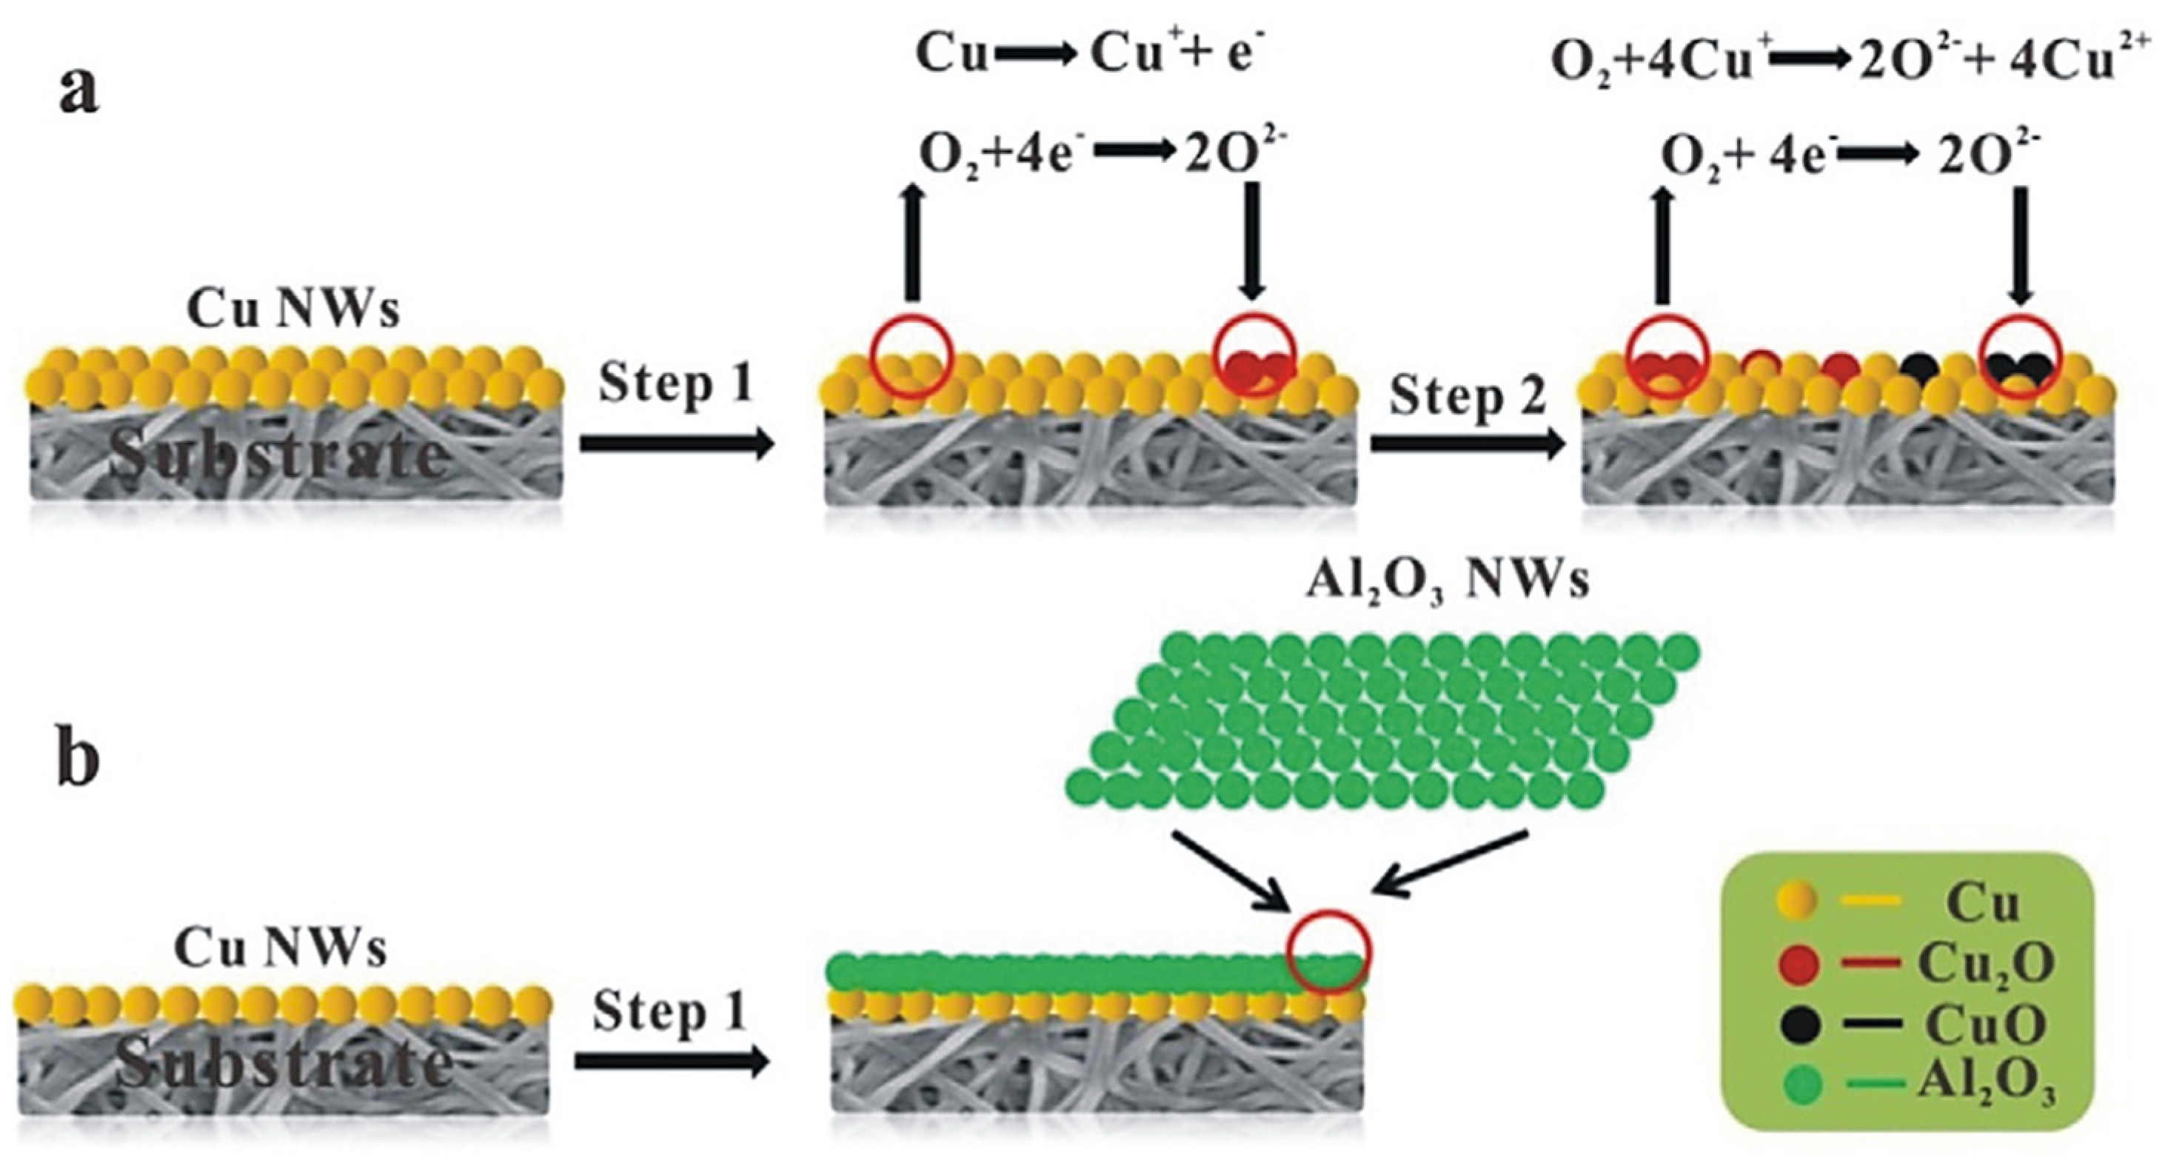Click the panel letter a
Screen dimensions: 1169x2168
point(79,93)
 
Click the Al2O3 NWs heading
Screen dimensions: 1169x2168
point(1447,583)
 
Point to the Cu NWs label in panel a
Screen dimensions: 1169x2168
point(293,310)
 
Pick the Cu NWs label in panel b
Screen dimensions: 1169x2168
point(281,949)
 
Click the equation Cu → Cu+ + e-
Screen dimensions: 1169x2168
point(1091,56)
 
